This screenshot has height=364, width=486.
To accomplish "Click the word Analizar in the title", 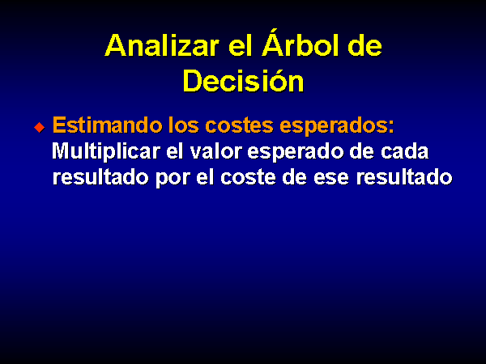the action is [x=162, y=45].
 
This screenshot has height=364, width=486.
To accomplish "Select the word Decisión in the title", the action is [x=243, y=79].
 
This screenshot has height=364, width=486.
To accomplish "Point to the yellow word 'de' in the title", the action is [x=365, y=45].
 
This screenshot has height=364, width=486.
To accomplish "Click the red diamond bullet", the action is [x=40, y=127].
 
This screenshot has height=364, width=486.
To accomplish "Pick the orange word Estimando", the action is [x=107, y=125].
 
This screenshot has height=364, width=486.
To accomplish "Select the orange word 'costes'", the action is [x=239, y=125].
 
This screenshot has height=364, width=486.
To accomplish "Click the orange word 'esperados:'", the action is [x=337, y=127].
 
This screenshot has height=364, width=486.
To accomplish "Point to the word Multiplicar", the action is [x=106, y=152].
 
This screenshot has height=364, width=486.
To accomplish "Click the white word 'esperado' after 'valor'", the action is [x=296, y=152].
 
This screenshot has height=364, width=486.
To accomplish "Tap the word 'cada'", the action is [x=404, y=151].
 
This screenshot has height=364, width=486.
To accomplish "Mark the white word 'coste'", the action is [x=248, y=178].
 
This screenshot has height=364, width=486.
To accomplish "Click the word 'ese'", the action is [x=331, y=179].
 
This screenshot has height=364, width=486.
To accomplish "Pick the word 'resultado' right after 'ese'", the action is [x=404, y=177].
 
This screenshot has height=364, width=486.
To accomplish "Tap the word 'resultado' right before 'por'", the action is [x=100, y=177].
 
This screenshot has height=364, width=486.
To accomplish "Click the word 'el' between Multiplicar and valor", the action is [x=175, y=151].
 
